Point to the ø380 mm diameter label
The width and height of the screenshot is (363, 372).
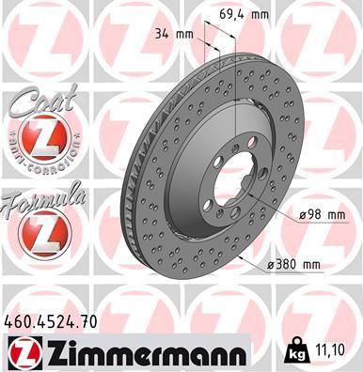[296, 266]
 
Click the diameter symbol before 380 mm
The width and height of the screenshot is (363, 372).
[271, 266]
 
